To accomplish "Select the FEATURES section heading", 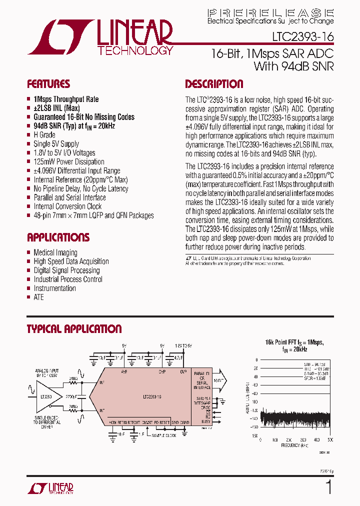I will [48, 84].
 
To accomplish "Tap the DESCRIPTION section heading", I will [214, 84].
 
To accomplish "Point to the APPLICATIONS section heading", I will [58, 237].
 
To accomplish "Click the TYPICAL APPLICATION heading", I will [74, 329].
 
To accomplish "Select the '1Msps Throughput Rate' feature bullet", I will [66, 99].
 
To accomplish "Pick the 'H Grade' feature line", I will [44, 135].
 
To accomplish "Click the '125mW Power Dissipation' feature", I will [69, 162].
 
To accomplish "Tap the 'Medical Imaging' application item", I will [55, 252].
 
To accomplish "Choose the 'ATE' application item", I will [38, 297].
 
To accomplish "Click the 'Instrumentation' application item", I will [54, 288].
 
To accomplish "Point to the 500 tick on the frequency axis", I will [330, 440].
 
